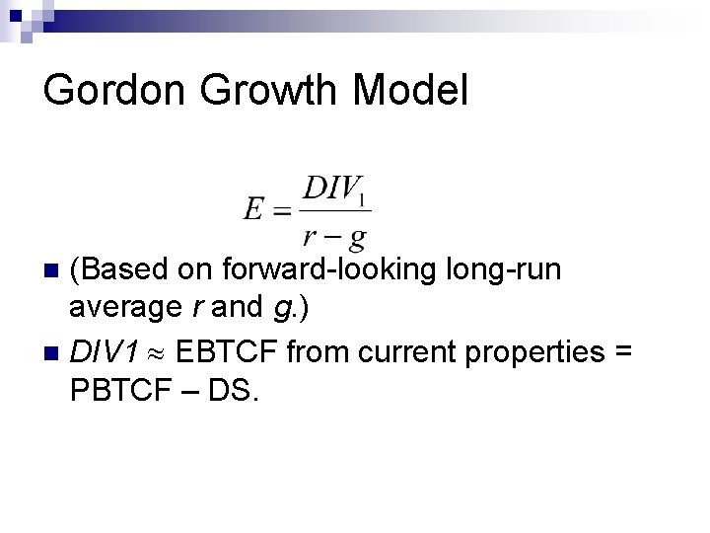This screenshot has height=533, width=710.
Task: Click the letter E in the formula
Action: [x=254, y=210]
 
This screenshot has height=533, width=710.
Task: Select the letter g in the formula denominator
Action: [x=358, y=236]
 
